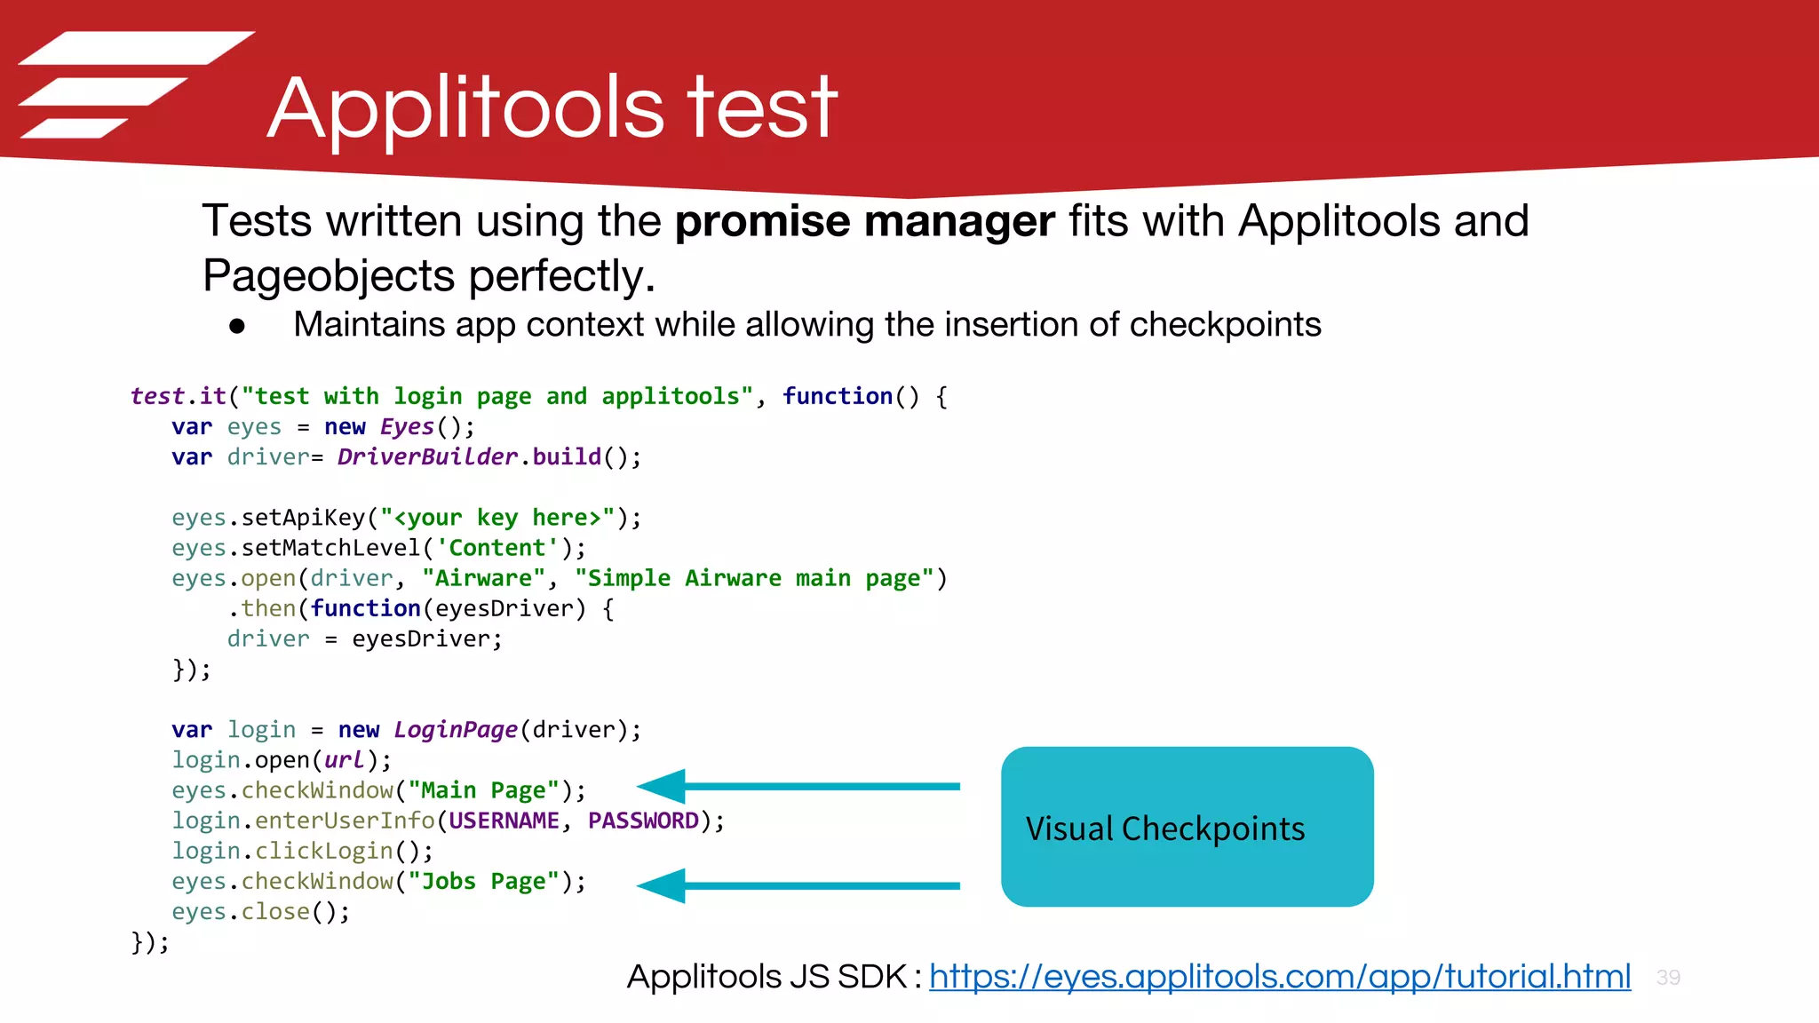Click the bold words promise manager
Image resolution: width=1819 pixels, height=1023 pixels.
(x=864, y=221)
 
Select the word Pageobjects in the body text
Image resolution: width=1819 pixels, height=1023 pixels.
(x=329, y=276)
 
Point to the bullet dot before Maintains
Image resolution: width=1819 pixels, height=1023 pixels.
(x=236, y=327)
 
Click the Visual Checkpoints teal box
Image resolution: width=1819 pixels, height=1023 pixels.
(x=1187, y=827)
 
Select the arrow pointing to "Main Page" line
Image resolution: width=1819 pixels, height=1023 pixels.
(x=798, y=786)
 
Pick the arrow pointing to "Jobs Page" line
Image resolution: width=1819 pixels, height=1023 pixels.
(x=798, y=885)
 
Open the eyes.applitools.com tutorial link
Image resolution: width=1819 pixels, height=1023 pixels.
(x=1279, y=977)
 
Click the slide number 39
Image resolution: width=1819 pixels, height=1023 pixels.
(x=1668, y=978)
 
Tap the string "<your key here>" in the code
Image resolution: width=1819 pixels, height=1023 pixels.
(x=497, y=518)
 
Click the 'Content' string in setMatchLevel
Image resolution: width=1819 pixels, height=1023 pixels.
(x=497, y=548)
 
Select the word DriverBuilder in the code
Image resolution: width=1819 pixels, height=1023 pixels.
(x=427, y=457)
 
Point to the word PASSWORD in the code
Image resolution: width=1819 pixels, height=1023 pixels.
(x=643, y=821)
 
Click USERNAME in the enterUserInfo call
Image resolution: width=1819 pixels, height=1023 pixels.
(x=504, y=821)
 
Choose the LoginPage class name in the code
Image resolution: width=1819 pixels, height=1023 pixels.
(x=456, y=730)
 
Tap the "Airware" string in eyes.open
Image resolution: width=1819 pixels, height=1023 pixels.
(x=483, y=579)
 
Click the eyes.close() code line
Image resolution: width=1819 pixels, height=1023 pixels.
(x=260, y=912)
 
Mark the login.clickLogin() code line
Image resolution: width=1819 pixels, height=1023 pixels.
(x=302, y=851)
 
